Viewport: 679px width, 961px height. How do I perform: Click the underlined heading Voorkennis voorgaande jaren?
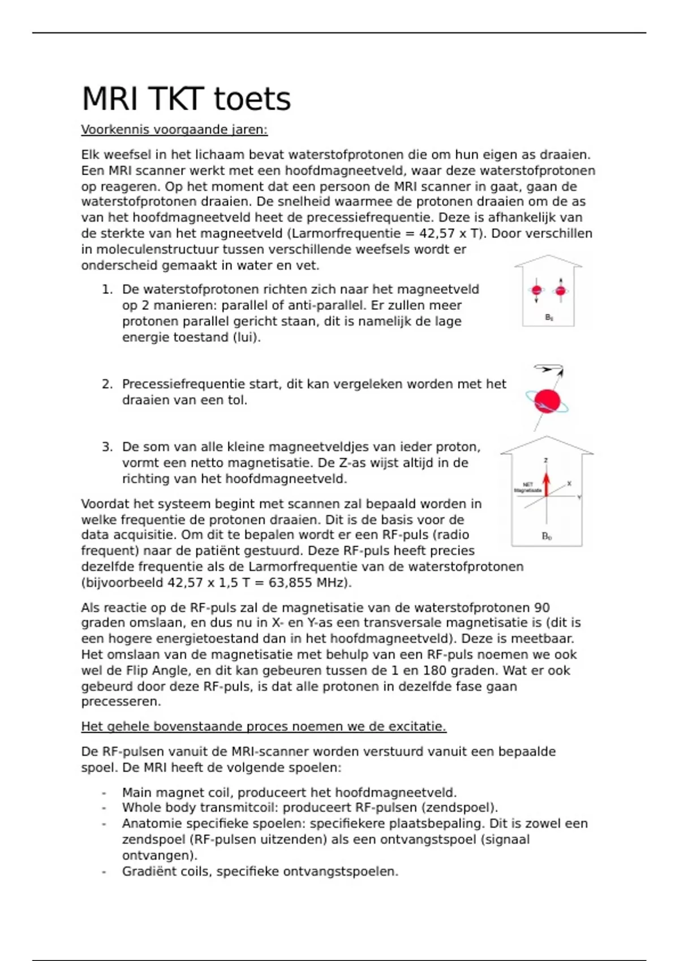point(174,130)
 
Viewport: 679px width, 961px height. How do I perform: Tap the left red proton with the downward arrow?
point(536,291)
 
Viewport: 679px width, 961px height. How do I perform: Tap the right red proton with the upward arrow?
point(561,291)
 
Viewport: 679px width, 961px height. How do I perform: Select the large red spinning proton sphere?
point(547,401)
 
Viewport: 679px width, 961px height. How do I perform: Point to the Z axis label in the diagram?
point(546,460)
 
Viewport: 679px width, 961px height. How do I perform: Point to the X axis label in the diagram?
point(569,484)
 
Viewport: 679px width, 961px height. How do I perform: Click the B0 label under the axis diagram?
point(547,536)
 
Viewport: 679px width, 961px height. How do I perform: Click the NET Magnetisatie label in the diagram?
point(527,487)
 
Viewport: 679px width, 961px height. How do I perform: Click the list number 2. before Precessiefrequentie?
point(108,384)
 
